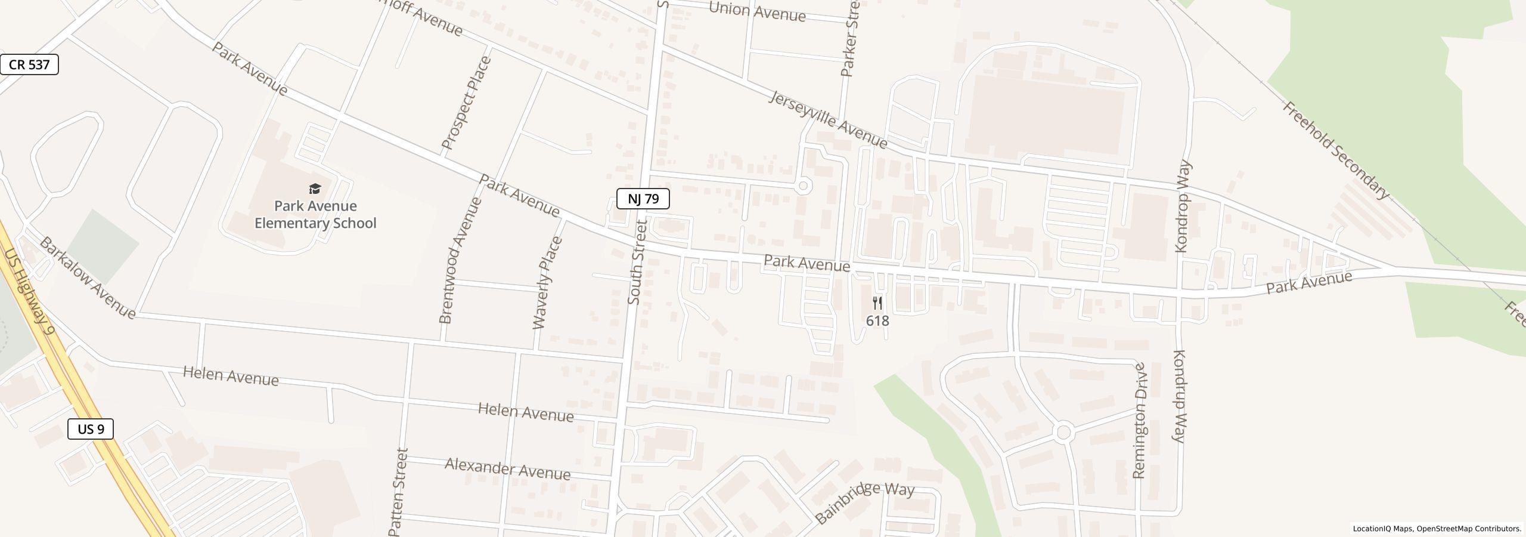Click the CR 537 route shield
click(29, 64)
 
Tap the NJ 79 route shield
click(643, 199)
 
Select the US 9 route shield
click(91, 429)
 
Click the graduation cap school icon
click(315, 190)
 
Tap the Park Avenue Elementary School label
click(315, 215)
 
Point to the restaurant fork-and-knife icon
click(877, 303)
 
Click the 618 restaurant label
click(877, 321)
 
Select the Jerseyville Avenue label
click(828, 119)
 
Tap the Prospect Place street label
click(467, 103)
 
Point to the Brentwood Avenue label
click(460, 261)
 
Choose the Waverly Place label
click(547, 283)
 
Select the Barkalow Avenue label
click(88, 277)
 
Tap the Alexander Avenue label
click(507, 469)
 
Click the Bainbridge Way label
click(864, 503)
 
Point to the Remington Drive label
click(1140, 421)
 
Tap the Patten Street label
click(398, 492)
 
